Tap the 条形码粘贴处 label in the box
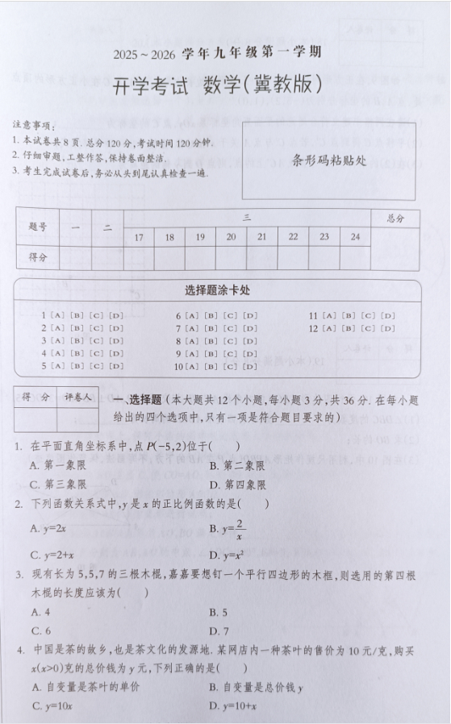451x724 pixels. click(x=329, y=160)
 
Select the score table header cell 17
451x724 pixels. click(x=139, y=237)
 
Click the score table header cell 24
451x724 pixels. click(x=355, y=237)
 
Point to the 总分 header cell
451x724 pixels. click(x=395, y=218)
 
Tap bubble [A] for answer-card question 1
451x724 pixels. click(x=56, y=316)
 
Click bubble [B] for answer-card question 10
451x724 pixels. click(x=211, y=366)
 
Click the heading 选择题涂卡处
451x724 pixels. click(x=225, y=291)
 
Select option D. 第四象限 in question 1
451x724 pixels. click(x=237, y=485)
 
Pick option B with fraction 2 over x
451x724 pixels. click(x=230, y=529)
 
